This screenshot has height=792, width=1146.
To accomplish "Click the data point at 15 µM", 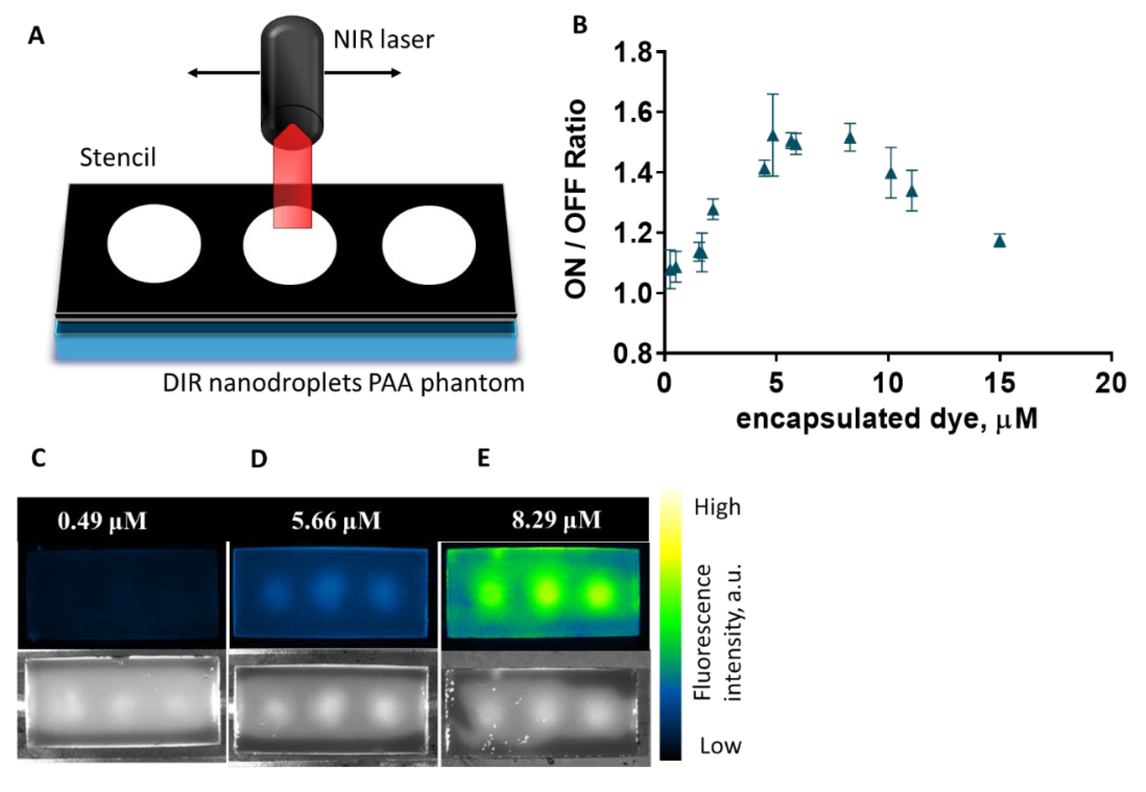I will coord(1000,242).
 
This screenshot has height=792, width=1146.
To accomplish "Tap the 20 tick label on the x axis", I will coord(1111,383).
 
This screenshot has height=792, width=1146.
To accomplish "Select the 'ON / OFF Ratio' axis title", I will coord(576,199).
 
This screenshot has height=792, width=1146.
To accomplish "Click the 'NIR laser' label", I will coord(383,40).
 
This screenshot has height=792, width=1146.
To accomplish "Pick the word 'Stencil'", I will coord(118,158).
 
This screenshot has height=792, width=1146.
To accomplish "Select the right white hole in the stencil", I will coord(429,245).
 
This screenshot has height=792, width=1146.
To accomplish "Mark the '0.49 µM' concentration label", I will coord(102,521).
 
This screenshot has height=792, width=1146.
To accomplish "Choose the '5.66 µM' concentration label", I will coord(336,521).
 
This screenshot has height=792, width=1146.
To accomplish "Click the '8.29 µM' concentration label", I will coord(556,520).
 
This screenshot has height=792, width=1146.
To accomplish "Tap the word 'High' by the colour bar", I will coord(717,507).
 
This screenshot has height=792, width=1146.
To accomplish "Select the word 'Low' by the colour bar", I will coord(721,746).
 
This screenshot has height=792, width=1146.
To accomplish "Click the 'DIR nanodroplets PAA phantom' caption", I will coord(343,383).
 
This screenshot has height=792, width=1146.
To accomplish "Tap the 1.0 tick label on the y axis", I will coord(633,293).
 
